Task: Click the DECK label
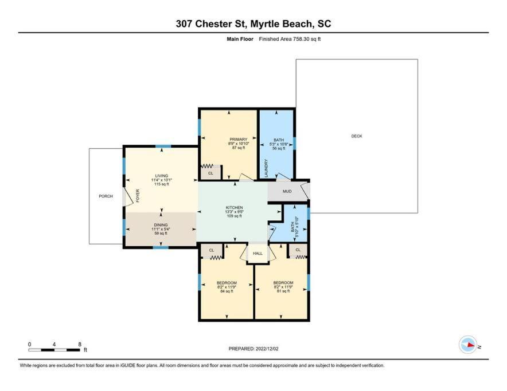pyautogui.click(x=357, y=136)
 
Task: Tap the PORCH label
pyautogui.click(x=106, y=196)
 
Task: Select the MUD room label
pyautogui.click(x=287, y=191)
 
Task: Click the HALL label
pyautogui.click(x=258, y=254)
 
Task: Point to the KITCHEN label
pyautogui.click(x=235, y=208)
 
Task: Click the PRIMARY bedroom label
pyautogui.click(x=239, y=140)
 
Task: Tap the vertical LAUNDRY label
pyautogui.click(x=267, y=168)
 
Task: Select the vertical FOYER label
pyautogui.click(x=138, y=196)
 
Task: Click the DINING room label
pyautogui.click(x=161, y=225)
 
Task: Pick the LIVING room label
pyautogui.click(x=161, y=176)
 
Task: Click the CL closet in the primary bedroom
pyautogui.click(x=211, y=173)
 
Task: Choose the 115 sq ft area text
pyautogui.click(x=162, y=184)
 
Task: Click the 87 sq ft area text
pyautogui.click(x=239, y=148)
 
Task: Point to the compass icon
pyautogui.click(x=468, y=345)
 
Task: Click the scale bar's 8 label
pyautogui.click(x=80, y=345)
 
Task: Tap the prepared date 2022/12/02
pyautogui.click(x=267, y=349)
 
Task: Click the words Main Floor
pyautogui.click(x=240, y=39)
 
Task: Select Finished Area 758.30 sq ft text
pyautogui.click(x=290, y=39)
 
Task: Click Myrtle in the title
pyautogui.click(x=265, y=24)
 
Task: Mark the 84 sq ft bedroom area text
pyautogui.click(x=227, y=291)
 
